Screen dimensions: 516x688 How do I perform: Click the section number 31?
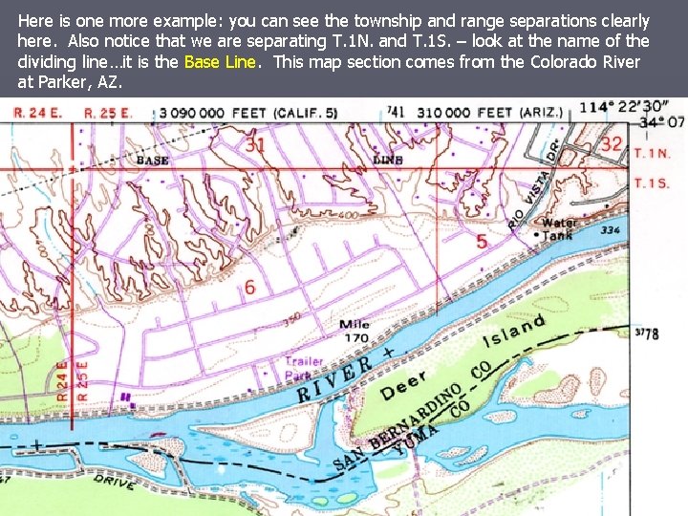click(255, 144)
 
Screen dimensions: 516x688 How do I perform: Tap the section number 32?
click(612, 143)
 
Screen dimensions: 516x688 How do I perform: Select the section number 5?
click(482, 241)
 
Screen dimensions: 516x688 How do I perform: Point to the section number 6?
click(249, 287)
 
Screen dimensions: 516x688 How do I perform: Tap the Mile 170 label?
click(355, 331)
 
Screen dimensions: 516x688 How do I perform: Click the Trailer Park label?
click(304, 368)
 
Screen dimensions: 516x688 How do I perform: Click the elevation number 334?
click(612, 230)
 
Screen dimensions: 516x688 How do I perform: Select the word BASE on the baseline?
click(152, 161)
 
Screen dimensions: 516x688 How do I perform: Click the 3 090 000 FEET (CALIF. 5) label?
click(248, 113)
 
